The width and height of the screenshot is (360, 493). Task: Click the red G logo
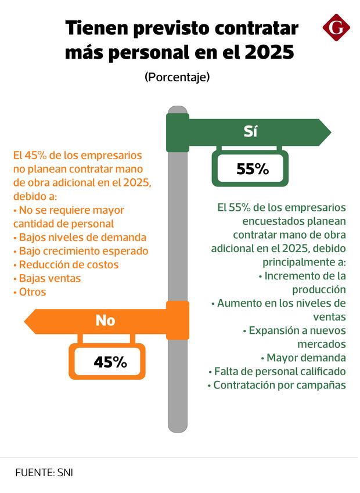[336, 28]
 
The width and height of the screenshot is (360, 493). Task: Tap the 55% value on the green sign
[253, 169]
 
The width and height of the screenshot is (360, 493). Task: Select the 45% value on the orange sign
[110, 362]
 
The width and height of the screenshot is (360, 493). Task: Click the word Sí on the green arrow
[250, 132]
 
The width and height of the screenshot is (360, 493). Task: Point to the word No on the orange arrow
[105, 320]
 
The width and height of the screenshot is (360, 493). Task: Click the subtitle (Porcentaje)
[177, 77]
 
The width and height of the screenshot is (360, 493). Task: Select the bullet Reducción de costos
[69, 264]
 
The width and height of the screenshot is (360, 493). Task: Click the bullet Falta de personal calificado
[277, 371]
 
